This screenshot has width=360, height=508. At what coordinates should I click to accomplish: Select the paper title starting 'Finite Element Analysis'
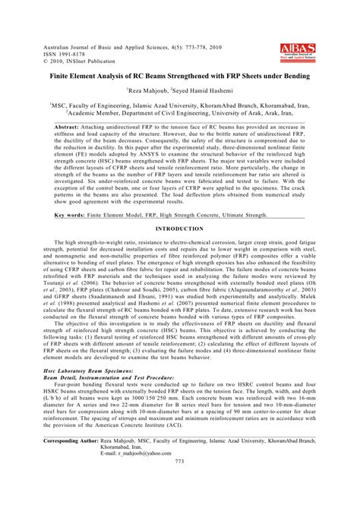point(179,77)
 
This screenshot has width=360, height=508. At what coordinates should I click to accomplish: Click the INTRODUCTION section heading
point(180,229)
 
